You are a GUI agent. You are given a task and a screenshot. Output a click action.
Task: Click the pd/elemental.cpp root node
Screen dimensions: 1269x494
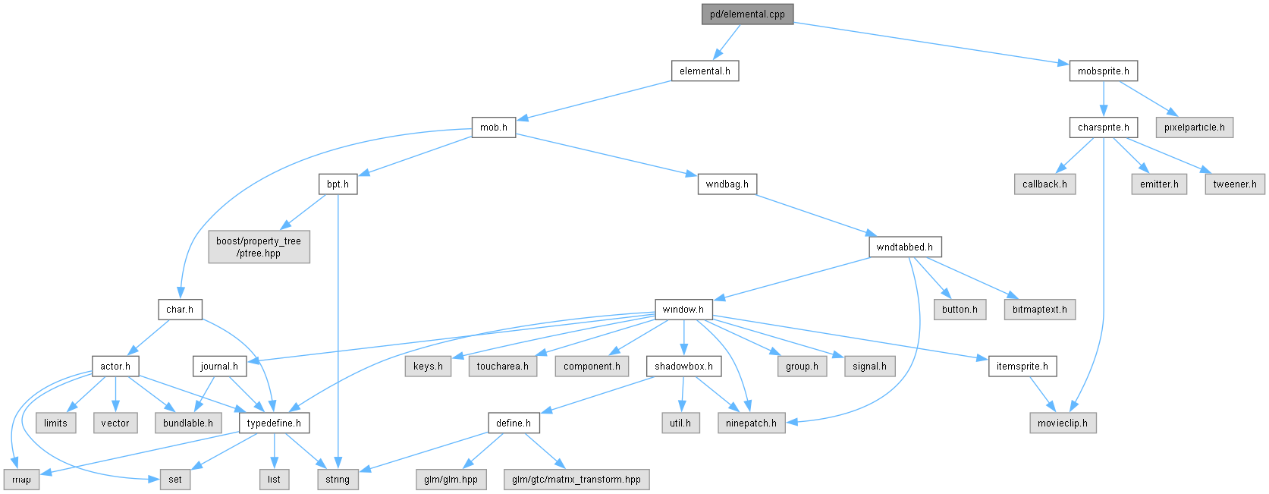(747, 14)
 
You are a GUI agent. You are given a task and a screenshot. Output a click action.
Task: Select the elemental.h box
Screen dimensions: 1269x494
(705, 71)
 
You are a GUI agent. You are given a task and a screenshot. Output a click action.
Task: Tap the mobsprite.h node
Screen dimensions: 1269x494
(1103, 71)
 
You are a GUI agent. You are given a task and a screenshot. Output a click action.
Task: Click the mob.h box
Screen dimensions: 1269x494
(494, 127)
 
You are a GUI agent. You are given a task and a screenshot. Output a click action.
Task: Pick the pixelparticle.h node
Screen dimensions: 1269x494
(1194, 127)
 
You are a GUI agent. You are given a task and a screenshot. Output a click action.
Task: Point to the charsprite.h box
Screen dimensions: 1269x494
(1103, 127)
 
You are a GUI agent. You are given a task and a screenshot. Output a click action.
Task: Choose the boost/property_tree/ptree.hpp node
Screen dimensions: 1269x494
(259, 247)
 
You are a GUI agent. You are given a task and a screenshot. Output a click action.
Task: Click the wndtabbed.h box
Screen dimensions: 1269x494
(905, 247)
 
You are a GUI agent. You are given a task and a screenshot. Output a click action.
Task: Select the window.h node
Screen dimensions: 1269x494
(683, 310)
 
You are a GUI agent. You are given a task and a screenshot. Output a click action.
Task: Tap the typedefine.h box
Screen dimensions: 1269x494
(274, 423)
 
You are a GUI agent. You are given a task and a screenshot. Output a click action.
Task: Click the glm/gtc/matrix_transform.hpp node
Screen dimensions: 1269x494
(576, 480)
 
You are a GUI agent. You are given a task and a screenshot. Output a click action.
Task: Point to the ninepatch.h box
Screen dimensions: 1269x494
(751, 423)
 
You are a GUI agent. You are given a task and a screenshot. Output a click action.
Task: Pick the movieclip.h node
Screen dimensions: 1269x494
(1063, 423)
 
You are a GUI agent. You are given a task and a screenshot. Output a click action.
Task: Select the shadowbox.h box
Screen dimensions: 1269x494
(683, 366)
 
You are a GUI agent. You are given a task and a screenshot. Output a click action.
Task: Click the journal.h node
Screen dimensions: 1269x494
(219, 366)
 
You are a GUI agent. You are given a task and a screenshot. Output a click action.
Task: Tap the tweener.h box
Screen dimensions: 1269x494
(1235, 184)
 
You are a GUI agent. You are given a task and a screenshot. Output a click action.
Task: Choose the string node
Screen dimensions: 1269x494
(337, 480)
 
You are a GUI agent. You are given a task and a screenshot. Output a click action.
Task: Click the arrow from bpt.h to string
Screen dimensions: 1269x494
(338, 332)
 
